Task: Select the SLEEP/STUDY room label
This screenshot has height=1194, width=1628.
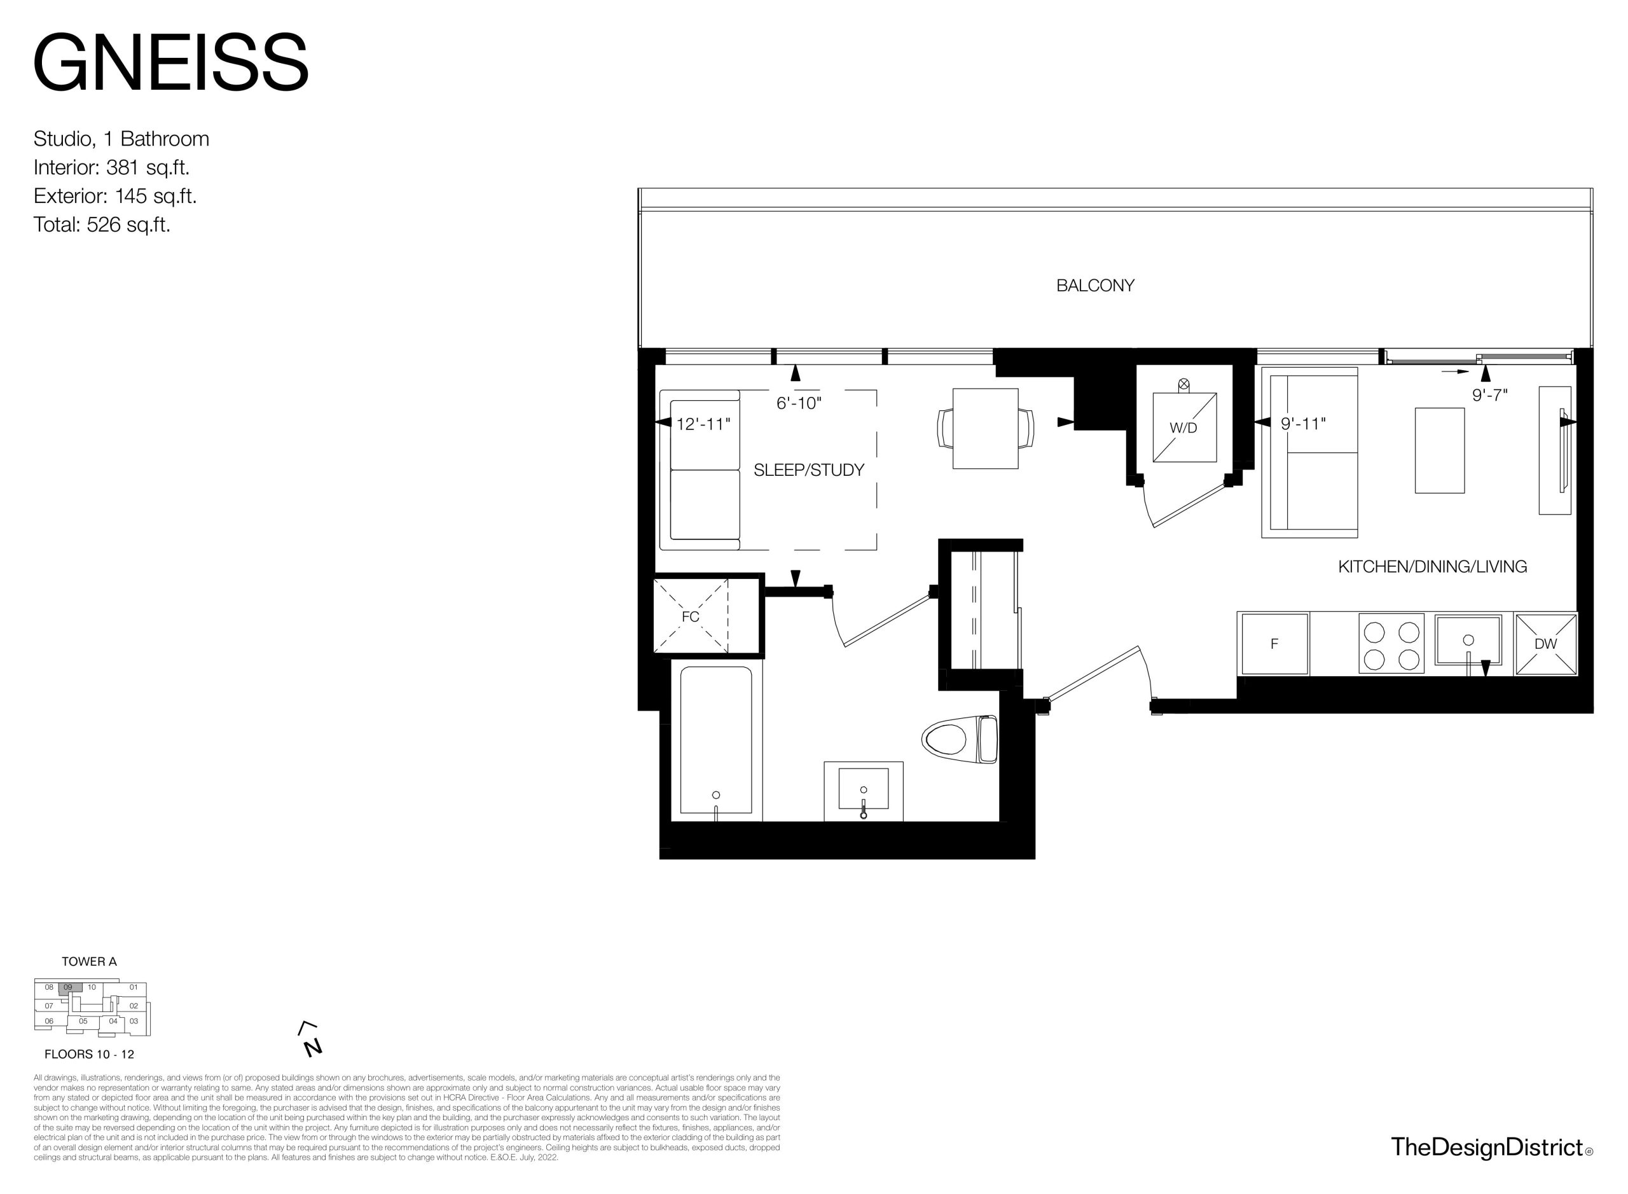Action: pyautogui.click(x=808, y=470)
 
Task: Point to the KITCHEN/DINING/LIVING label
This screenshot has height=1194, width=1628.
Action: pyautogui.click(x=1432, y=567)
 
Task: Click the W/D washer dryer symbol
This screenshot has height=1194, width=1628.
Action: pyautogui.click(x=1184, y=426)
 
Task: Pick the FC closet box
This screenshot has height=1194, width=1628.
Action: pyautogui.click(x=691, y=616)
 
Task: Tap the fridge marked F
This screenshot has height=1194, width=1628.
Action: pyautogui.click(x=1273, y=643)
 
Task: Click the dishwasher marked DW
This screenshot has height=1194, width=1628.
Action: pyautogui.click(x=1545, y=643)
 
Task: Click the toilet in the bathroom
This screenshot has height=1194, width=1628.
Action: pyautogui.click(x=960, y=739)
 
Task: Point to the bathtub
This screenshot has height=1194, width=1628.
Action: pyautogui.click(x=716, y=741)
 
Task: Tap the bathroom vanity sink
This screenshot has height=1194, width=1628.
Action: pyautogui.click(x=864, y=790)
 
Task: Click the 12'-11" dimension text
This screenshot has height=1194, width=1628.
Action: pyautogui.click(x=703, y=424)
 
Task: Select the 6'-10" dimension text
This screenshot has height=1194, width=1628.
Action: pyautogui.click(x=799, y=403)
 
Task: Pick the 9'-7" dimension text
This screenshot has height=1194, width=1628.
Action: pyautogui.click(x=1490, y=396)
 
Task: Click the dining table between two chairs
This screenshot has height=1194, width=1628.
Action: pyautogui.click(x=986, y=429)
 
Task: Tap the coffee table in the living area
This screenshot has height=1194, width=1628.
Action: pyautogui.click(x=1439, y=450)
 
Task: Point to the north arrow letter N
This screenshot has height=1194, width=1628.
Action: pyautogui.click(x=313, y=1047)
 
